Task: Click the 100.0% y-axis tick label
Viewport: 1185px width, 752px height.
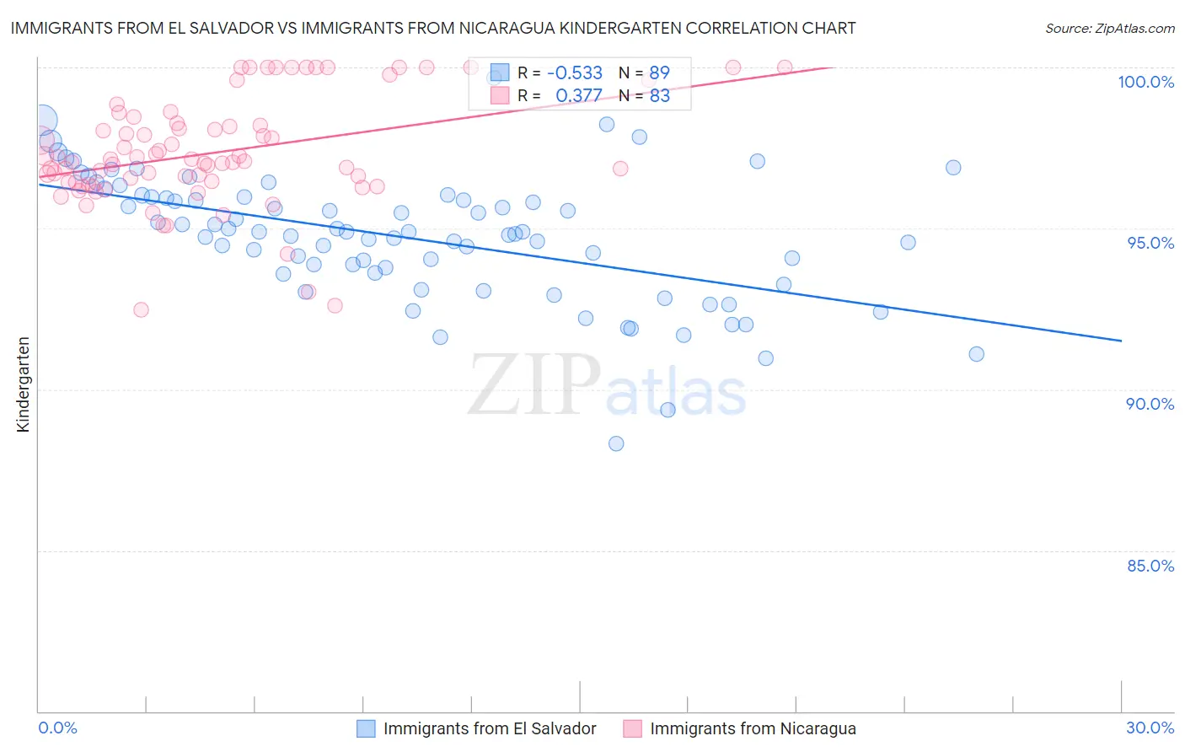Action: click(1145, 82)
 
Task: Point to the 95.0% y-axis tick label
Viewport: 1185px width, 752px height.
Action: click(1150, 243)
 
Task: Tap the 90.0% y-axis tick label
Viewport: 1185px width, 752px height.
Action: click(1150, 404)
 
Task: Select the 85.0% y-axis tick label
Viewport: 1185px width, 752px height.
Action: click(1150, 566)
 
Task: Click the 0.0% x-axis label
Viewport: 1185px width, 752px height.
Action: click(57, 728)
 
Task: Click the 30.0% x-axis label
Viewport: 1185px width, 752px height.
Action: click(1150, 728)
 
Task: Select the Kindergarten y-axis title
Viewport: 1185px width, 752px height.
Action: click(23, 384)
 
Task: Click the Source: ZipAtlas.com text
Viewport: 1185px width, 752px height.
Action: click(1109, 29)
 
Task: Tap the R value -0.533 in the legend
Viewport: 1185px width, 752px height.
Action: click(575, 73)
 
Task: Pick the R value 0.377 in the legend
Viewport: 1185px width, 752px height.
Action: click(579, 96)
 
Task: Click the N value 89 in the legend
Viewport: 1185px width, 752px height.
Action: click(659, 73)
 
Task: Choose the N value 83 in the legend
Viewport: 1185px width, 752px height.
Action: click(659, 96)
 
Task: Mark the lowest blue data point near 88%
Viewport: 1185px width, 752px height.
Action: click(616, 443)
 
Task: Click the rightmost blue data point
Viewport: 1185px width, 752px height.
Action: click(976, 354)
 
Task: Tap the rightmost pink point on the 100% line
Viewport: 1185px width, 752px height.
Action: click(784, 67)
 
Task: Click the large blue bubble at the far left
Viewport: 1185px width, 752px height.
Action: click(42, 121)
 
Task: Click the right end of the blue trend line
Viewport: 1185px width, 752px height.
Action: click(1121, 341)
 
